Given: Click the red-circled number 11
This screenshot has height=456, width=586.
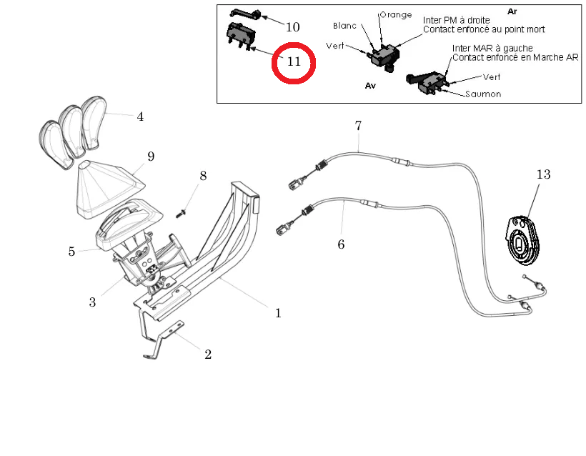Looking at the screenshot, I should tap(294, 61).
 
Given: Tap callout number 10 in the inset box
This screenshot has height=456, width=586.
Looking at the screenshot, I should tap(292, 27).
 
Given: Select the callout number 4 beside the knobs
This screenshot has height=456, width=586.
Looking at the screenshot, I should tap(140, 117).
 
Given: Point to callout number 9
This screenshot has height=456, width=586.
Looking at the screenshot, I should tap(151, 156).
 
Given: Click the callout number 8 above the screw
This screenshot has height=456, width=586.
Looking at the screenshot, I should tap(203, 176).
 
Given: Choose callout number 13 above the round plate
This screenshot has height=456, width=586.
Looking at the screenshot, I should tap(544, 174).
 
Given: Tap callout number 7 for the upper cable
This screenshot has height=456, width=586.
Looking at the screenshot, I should tap(358, 126).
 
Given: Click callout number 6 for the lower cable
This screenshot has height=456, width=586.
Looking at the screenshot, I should tap(341, 244).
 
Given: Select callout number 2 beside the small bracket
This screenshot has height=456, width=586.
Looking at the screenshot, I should tap(208, 355).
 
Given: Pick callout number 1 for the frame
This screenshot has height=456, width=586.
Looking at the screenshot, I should tap(278, 313).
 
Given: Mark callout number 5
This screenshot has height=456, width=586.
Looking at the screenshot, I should tap(71, 252).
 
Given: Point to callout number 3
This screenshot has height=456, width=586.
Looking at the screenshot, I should tap(92, 302).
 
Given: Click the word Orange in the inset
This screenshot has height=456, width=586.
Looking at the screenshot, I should tap(395, 15).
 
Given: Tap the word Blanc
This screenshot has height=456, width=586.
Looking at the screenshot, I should tap(344, 26).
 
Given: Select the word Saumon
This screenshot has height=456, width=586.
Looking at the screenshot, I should tap(483, 94).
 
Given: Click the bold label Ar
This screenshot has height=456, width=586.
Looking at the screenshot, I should tap(512, 11).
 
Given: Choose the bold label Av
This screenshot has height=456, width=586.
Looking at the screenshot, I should tap(369, 84).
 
